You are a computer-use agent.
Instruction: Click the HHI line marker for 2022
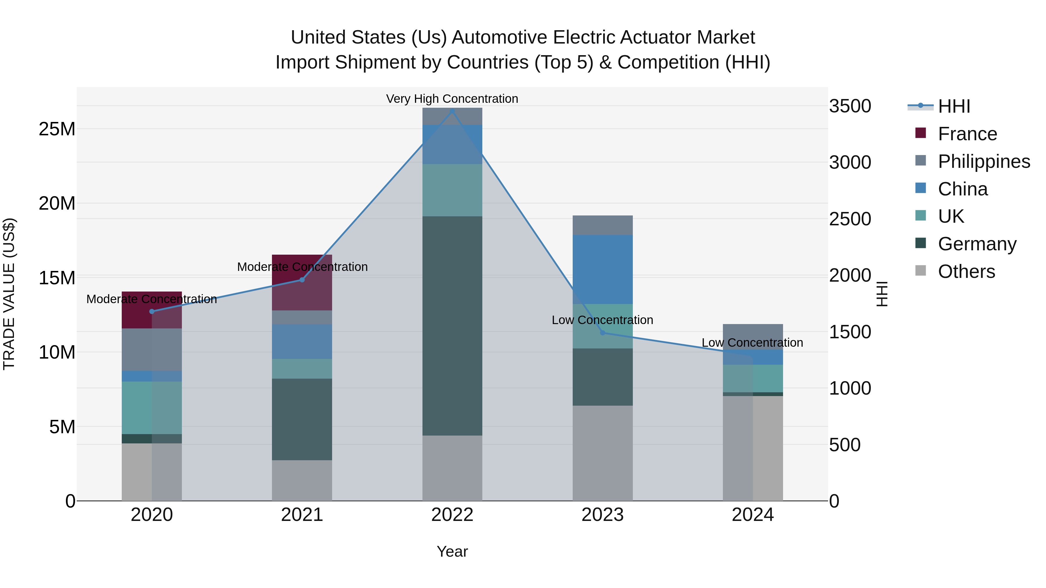(x=452, y=111)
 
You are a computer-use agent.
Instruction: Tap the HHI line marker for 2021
(x=302, y=280)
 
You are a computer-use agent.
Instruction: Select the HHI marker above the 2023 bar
(x=603, y=333)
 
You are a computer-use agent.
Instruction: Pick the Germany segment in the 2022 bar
(x=452, y=326)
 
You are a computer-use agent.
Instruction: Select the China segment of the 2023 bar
(x=603, y=269)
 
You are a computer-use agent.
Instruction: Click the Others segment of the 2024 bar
(x=753, y=448)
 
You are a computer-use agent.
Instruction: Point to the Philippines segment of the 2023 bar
(x=603, y=225)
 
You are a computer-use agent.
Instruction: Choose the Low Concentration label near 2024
(x=752, y=343)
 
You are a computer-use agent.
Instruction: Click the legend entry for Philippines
(x=984, y=161)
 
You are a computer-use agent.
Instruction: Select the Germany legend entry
(x=977, y=244)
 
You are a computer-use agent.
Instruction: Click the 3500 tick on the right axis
(x=850, y=106)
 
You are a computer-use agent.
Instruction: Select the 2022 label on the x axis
(x=452, y=515)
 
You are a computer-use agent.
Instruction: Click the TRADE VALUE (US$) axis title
(x=9, y=294)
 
